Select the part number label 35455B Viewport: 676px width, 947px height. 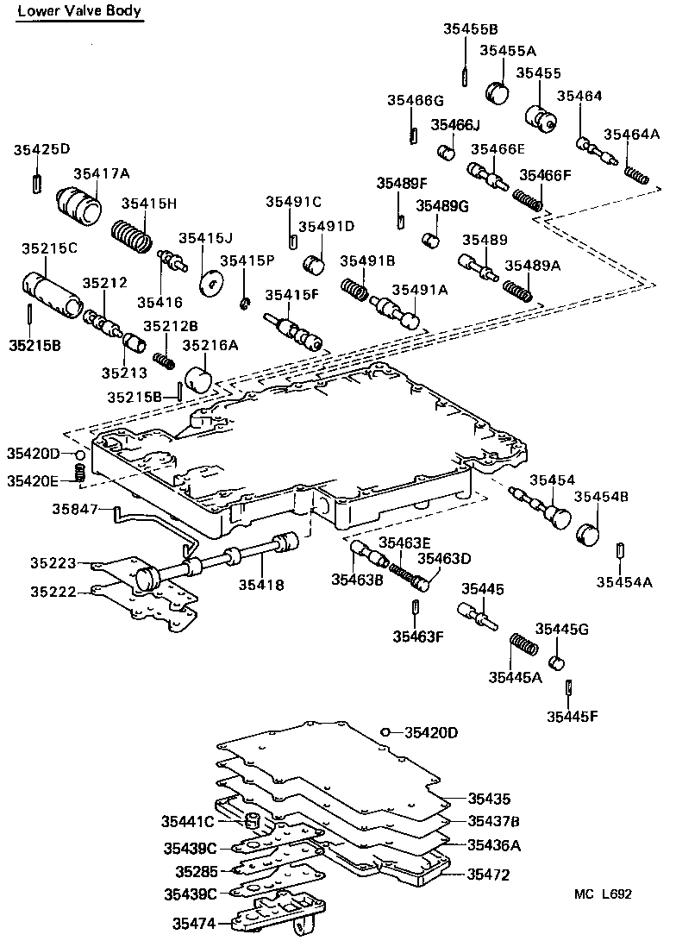tap(465, 28)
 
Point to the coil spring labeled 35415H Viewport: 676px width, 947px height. tap(132, 232)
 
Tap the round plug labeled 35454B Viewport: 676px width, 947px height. tap(588, 534)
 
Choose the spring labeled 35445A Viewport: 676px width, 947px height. tap(524, 644)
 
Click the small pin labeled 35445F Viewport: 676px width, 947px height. tap(570, 687)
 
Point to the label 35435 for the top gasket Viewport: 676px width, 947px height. tap(489, 799)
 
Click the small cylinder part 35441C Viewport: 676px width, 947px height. tap(253, 818)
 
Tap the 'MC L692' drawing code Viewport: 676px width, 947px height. tap(604, 894)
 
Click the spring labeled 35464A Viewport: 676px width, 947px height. tap(636, 173)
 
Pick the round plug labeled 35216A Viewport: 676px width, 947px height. tap(201, 379)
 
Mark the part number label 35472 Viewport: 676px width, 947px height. tap(489, 875)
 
